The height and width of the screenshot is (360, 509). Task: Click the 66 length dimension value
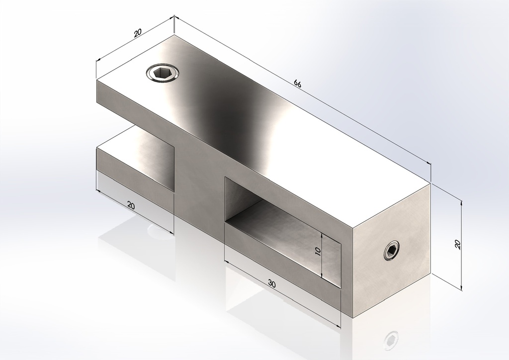[x=298, y=84]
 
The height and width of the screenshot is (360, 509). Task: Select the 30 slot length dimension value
[x=271, y=283]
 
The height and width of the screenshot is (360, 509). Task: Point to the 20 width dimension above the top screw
[x=138, y=33]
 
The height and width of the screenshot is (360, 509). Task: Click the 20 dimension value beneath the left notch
[x=131, y=205]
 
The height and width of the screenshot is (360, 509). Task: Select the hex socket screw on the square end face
[x=392, y=250]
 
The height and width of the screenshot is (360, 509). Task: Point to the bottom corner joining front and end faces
[x=352, y=317]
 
